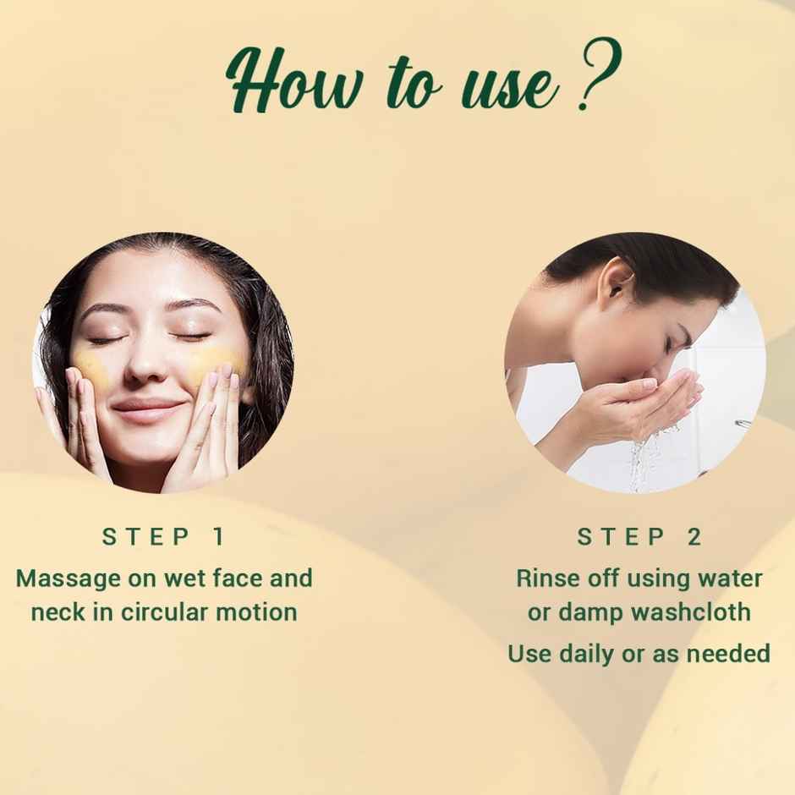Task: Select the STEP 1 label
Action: (x=163, y=536)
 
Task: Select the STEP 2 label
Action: (x=639, y=536)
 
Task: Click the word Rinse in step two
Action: (x=545, y=579)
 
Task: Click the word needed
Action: (x=726, y=654)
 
